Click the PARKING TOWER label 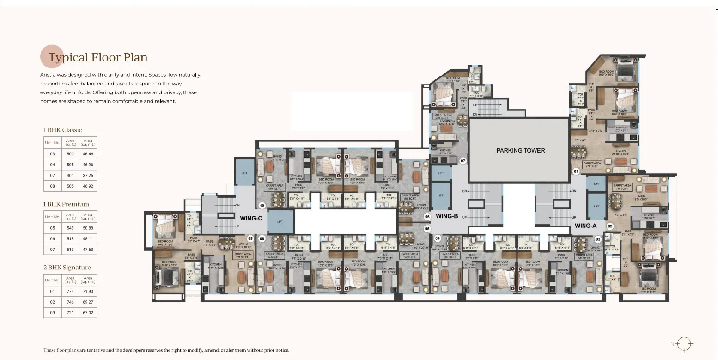pos(520,150)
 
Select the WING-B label pos(446,216)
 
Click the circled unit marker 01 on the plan pos(576,171)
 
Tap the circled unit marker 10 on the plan pos(262,206)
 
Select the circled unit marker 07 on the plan pos(462,161)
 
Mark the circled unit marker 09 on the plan pos(250,238)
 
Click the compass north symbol pos(685,344)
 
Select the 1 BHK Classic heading pos(62,130)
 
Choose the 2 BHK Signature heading pos(67,267)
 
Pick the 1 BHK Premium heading pos(66,204)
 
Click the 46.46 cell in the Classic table pos(88,153)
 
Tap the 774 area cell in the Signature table pos(70,291)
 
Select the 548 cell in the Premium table pos(70,228)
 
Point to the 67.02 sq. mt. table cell pos(88,313)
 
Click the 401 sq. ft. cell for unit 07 pos(70,176)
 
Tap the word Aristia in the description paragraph pos(49,75)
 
